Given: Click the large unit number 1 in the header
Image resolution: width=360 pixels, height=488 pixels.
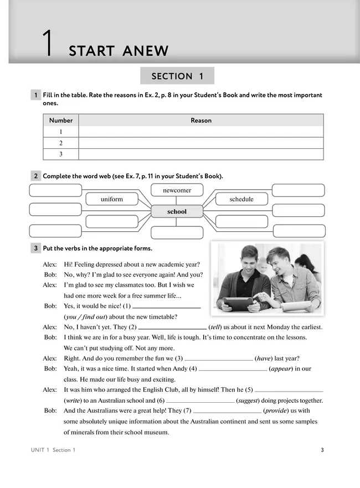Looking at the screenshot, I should click(x=48, y=44).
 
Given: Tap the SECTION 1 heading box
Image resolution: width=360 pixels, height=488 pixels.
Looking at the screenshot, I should click(x=177, y=76).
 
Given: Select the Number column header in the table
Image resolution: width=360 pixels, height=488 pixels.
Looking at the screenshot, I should click(x=61, y=121).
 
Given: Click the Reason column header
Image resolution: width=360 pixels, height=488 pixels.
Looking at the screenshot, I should click(x=201, y=121).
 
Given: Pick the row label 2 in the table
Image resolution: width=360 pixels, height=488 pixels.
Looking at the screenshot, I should click(x=61, y=143).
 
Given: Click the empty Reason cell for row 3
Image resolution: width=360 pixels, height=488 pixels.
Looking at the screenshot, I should click(x=201, y=154).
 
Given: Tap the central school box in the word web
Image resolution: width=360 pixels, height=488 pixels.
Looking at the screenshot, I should click(x=177, y=211).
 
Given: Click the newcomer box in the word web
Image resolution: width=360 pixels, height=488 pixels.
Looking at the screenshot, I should click(x=177, y=190).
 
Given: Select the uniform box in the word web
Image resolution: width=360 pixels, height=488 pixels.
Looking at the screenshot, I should click(x=112, y=199).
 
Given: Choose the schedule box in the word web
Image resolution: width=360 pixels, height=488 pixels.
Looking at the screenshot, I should click(x=241, y=199).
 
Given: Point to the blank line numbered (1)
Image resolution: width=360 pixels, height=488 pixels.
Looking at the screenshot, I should click(x=167, y=306).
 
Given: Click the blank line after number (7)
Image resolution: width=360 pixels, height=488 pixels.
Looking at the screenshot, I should click(x=227, y=411).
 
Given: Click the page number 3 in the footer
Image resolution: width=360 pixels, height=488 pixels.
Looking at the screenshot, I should click(x=322, y=450).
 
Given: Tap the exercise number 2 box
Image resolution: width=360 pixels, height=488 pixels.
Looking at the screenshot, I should click(x=35, y=176).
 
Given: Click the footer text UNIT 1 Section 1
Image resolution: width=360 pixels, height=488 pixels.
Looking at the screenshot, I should click(x=53, y=450).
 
